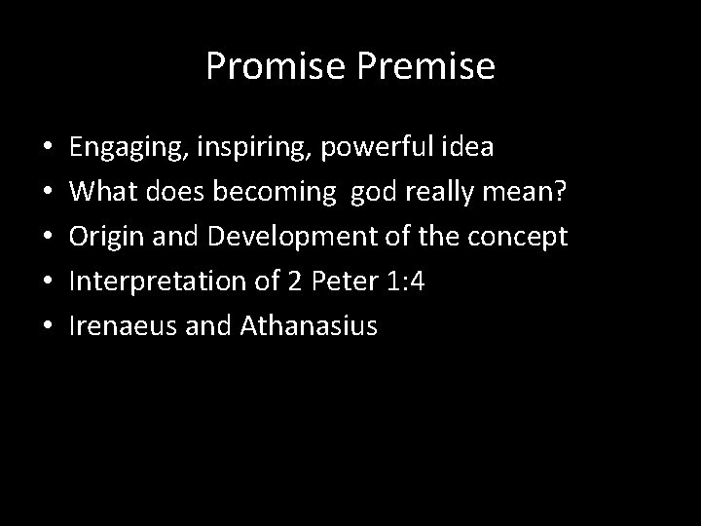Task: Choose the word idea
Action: click(470, 148)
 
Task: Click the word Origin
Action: click(103, 237)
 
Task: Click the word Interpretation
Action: click(159, 282)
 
